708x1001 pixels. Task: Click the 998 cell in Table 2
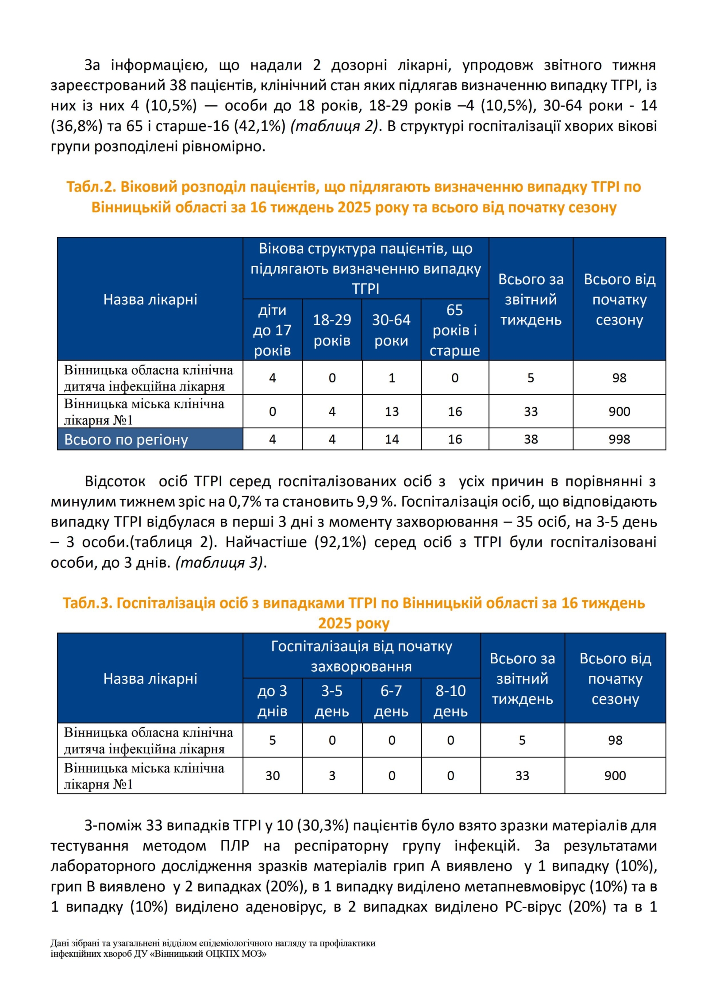(619, 439)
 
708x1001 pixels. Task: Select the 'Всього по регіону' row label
(126, 439)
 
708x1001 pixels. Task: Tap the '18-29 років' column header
(332, 330)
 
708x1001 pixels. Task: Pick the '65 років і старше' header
(454, 330)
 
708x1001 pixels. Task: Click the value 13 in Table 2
(392, 412)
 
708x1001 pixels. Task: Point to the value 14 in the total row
(392, 439)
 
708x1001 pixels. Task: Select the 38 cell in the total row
(531, 439)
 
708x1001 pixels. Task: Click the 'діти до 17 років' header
(272, 330)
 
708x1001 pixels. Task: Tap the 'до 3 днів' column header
(272, 701)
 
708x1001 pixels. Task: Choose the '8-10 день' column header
(450, 701)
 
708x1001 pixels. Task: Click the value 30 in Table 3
(272, 775)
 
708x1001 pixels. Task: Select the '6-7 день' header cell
(391, 701)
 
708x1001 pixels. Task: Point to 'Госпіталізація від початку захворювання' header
(362, 656)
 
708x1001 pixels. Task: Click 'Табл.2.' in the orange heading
(91, 187)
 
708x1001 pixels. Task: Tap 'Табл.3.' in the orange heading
(87, 603)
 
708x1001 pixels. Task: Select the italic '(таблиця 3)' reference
(219, 562)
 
